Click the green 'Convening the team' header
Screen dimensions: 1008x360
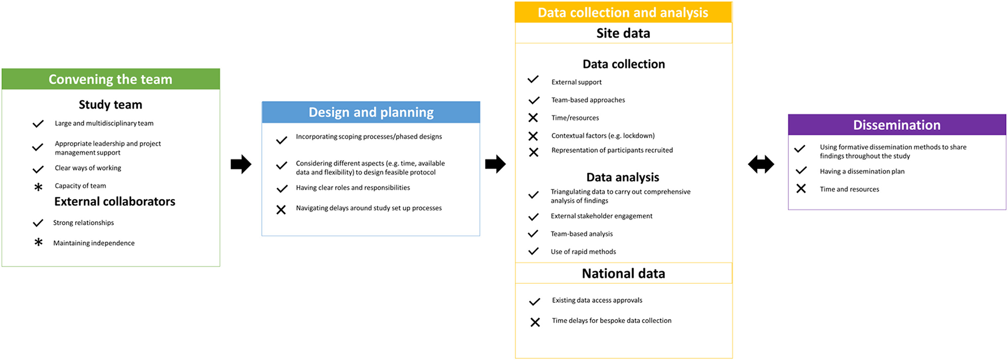coord(110,79)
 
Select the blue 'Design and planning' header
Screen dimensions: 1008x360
coord(371,112)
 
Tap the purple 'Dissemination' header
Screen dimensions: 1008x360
coord(897,125)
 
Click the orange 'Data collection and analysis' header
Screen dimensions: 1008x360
coord(623,13)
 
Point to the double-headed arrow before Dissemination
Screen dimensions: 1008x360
coord(761,164)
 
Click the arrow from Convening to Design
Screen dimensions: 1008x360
coord(241,164)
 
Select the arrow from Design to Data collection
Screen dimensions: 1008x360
coord(495,164)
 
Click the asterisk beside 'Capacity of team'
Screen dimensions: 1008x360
coord(38,187)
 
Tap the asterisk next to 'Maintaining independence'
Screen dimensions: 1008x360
coord(38,242)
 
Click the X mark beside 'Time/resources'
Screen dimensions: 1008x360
coord(533,118)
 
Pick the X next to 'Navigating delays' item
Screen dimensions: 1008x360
coord(281,210)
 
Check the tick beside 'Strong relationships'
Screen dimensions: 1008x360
coord(38,223)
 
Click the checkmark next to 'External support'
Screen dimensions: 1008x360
coord(533,80)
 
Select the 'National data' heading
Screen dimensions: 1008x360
coord(623,274)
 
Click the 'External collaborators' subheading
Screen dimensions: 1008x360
coord(114,201)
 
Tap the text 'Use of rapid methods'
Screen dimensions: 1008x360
coord(583,251)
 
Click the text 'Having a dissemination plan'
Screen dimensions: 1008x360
coord(862,171)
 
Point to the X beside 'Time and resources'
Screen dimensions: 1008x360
coord(801,189)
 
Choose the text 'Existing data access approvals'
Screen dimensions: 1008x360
coord(597,300)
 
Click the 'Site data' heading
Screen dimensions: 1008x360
coord(623,33)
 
